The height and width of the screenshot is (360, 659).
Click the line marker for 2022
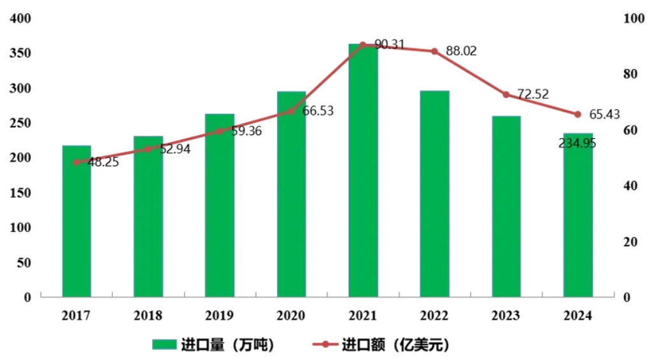435,51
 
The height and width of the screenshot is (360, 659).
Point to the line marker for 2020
292,111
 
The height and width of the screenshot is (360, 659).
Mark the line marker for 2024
578,115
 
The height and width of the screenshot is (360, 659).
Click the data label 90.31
390,45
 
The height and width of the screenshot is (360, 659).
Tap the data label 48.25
103,162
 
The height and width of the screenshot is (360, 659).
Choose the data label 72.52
533,94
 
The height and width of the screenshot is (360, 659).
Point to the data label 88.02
461,51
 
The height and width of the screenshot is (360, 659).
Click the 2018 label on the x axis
148,315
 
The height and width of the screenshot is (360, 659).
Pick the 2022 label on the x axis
434,315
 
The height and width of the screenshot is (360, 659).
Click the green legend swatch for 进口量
164,345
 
